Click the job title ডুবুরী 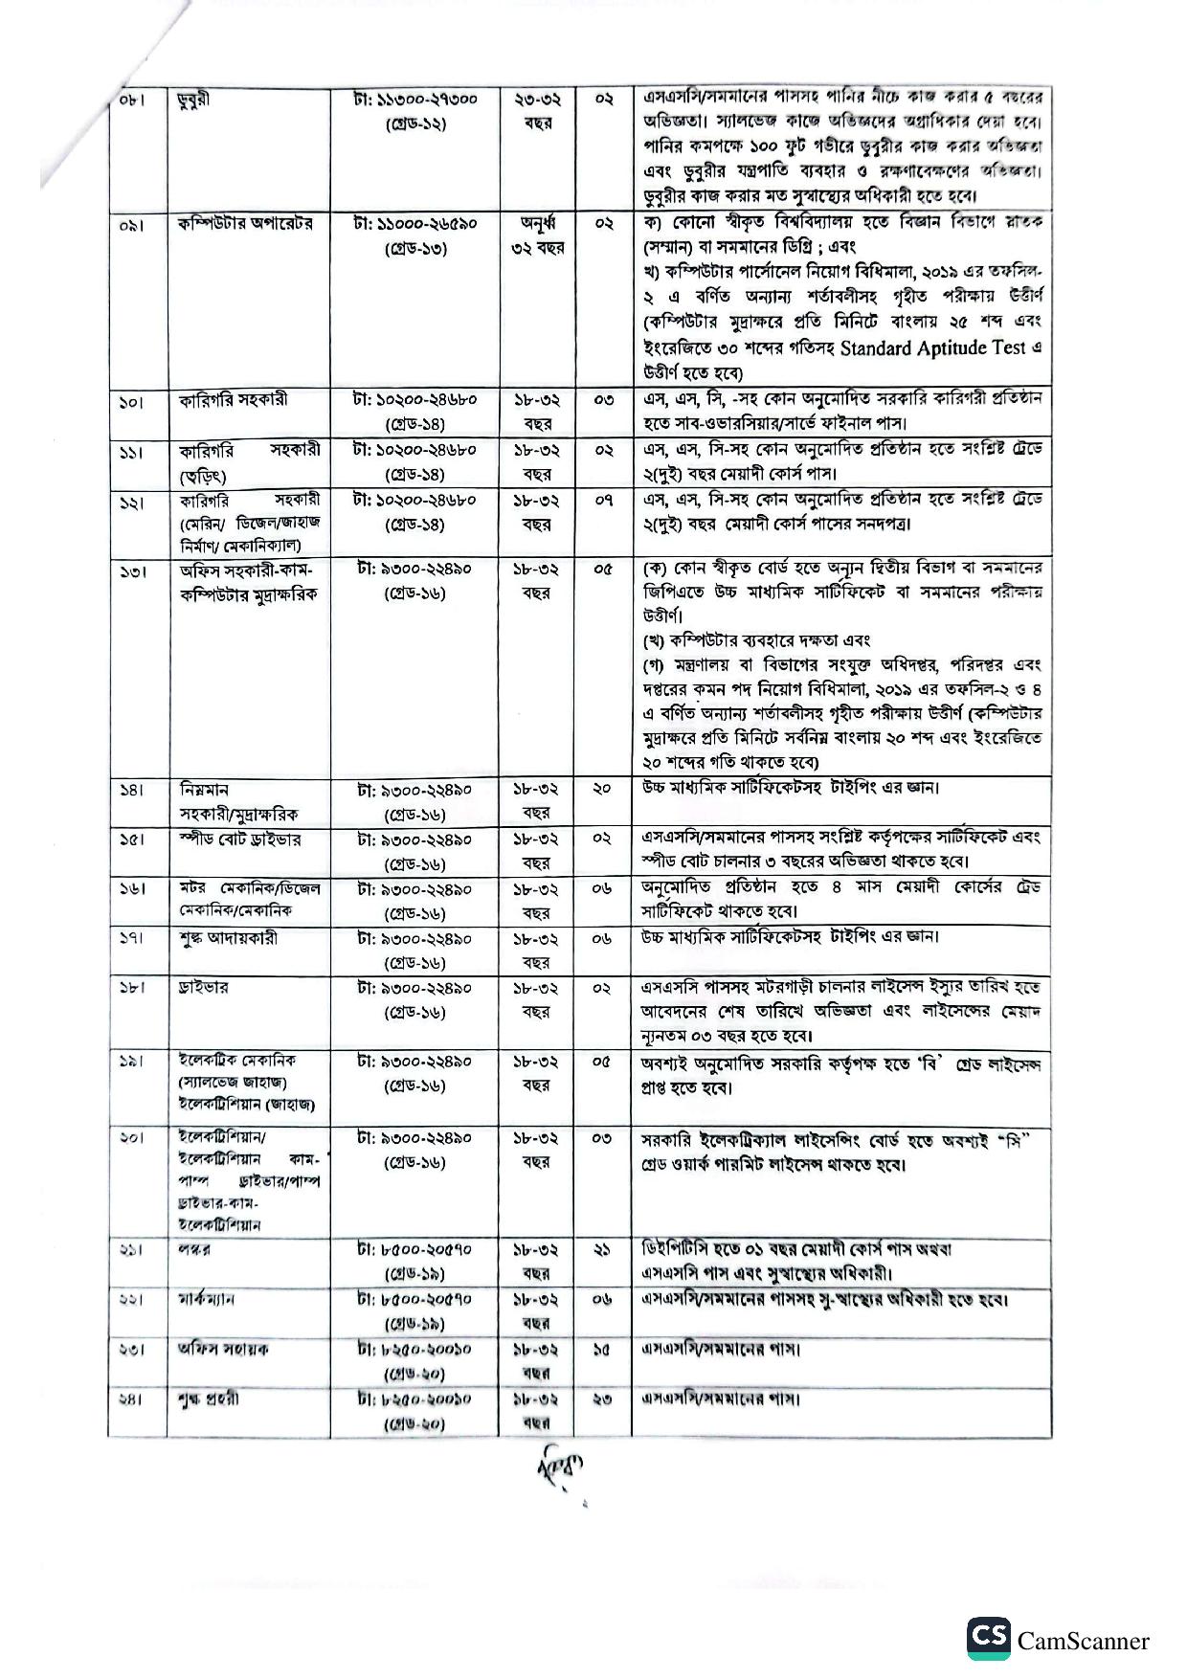coord(193,101)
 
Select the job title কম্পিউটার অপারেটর coord(245,224)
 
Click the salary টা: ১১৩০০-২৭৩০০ coord(415,99)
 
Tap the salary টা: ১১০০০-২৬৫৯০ coord(415,224)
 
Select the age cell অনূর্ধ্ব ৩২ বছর coord(537,235)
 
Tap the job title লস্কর coord(194,1250)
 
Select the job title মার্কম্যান coord(206,1300)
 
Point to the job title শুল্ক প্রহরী coord(209,1399)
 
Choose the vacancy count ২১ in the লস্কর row coord(602,1250)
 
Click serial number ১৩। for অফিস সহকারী coord(132,571)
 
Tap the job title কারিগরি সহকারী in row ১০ coord(233,400)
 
